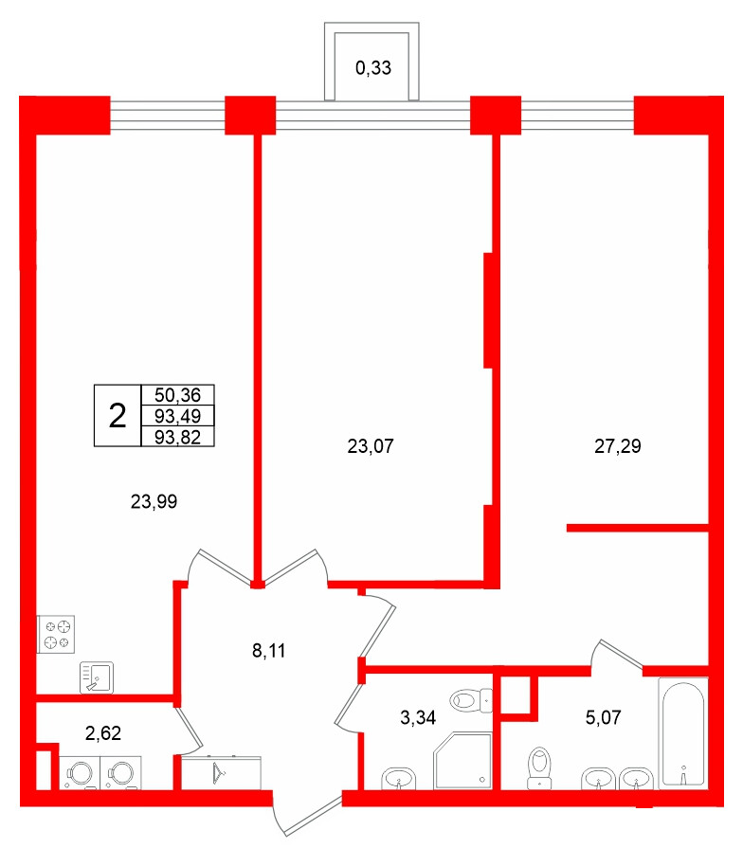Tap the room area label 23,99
(154, 503)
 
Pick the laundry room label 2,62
(104, 732)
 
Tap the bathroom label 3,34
(418, 717)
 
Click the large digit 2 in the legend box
(118, 415)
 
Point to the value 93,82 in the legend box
(178, 435)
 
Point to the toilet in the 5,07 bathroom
(540, 766)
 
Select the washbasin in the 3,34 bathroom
(400, 779)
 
